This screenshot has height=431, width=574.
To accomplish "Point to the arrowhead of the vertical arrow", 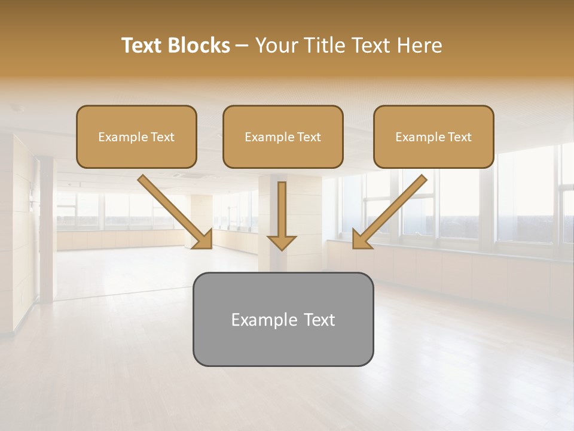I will (x=282, y=242).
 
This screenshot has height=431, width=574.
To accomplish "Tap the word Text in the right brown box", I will (x=459, y=137).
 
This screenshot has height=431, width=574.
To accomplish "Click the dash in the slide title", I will (x=242, y=46).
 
